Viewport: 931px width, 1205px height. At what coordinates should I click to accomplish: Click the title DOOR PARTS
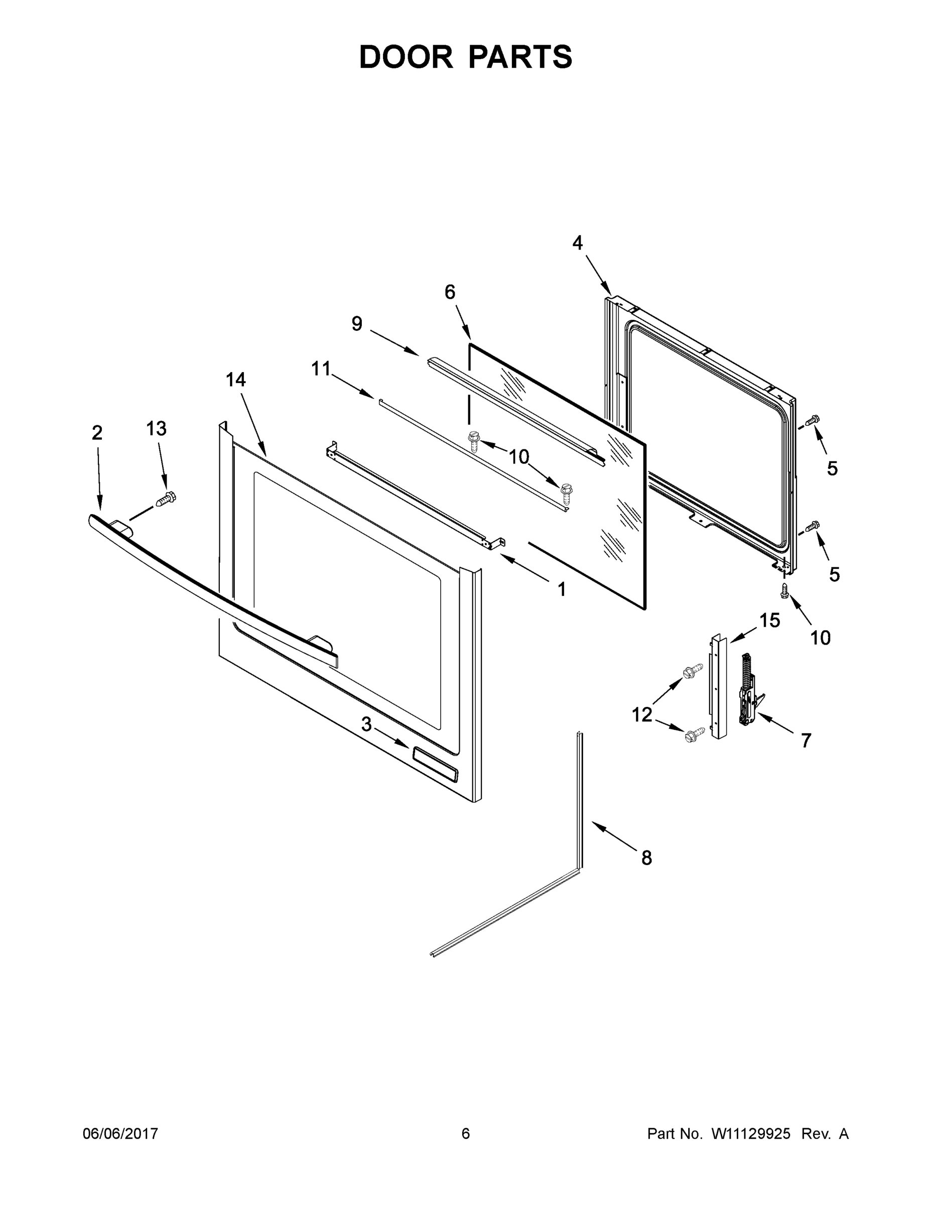tap(466, 57)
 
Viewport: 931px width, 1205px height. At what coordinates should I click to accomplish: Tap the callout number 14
tap(235, 380)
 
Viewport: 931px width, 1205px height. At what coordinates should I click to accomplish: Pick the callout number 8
tap(646, 858)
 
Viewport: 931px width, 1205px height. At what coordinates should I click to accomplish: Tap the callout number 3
tap(366, 725)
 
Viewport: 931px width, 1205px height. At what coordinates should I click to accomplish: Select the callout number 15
tap(770, 621)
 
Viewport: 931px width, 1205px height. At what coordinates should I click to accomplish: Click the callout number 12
tap(642, 715)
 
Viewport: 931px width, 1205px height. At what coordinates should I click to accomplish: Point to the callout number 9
tap(357, 324)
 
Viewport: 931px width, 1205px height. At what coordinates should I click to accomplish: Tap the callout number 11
tap(321, 369)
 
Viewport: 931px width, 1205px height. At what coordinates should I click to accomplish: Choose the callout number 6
tap(450, 292)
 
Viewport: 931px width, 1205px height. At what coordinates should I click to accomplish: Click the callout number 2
tap(97, 433)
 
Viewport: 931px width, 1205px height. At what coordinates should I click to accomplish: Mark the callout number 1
tap(562, 590)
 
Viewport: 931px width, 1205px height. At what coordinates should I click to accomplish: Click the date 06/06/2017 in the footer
tap(120, 1134)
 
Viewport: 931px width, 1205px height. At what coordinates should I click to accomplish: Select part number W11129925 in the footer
tap(751, 1134)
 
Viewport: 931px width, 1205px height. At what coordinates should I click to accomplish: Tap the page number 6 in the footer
tap(466, 1134)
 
